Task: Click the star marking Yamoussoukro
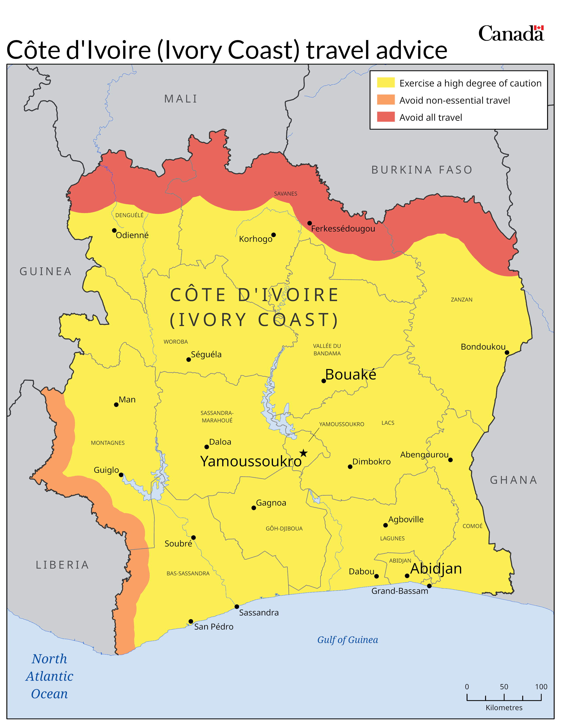tap(303, 453)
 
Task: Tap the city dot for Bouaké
tap(323, 381)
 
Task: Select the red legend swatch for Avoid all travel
tap(385, 117)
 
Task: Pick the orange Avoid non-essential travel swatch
tap(385, 100)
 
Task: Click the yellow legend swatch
tap(385, 82)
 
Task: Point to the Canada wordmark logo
tap(511, 34)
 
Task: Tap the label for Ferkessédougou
tap(343, 229)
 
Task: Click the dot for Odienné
tap(114, 230)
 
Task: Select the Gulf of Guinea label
tap(347, 640)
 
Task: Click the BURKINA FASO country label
tap(422, 170)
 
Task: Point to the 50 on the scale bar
tap(504, 686)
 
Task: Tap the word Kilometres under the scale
tap(504, 707)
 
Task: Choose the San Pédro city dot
tap(191, 621)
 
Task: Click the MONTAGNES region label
tap(108, 443)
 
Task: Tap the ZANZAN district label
tap(461, 299)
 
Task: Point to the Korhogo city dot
tap(273, 235)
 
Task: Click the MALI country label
tap(181, 99)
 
